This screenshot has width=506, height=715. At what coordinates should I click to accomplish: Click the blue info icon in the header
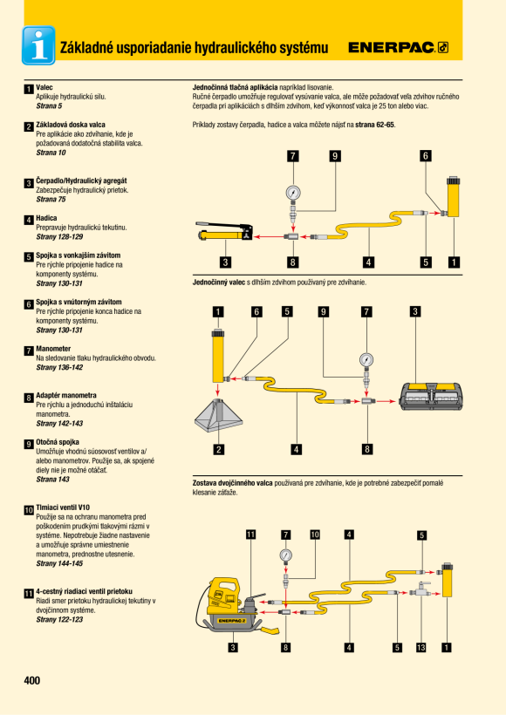click(x=38, y=45)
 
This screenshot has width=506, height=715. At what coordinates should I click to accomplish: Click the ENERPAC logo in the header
click(x=399, y=47)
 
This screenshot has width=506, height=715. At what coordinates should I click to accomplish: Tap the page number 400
click(x=32, y=680)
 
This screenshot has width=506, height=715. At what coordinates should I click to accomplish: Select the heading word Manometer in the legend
click(x=53, y=349)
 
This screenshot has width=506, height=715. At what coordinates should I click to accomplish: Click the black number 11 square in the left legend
click(x=29, y=593)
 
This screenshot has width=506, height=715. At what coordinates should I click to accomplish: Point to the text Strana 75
click(x=51, y=200)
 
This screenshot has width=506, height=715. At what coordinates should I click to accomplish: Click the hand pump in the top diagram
click(x=224, y=232)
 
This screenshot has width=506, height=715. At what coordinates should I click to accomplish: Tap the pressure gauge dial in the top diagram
click(x=293, y=193)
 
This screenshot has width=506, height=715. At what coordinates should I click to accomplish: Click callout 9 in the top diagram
click(x=335, y=156)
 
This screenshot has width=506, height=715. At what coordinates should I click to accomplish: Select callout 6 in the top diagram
click(x=425, y=156)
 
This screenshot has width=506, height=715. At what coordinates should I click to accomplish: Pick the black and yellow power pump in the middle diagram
click(x=432, y=396)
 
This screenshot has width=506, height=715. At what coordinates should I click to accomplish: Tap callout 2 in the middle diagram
click(x=219, y=449)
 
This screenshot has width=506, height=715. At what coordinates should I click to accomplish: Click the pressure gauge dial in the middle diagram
click(x=366, y=360)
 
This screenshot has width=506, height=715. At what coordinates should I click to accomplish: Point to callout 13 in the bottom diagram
click(x=421, y=647)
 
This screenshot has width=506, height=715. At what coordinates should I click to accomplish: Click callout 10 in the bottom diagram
click(x=315, y=535)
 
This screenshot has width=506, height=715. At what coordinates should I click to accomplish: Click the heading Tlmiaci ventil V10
click(x=63, y=507)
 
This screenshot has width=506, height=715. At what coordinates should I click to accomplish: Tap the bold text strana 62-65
click(x=375, y=125)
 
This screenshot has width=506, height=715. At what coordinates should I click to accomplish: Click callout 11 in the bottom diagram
click(x=250, y=535)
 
